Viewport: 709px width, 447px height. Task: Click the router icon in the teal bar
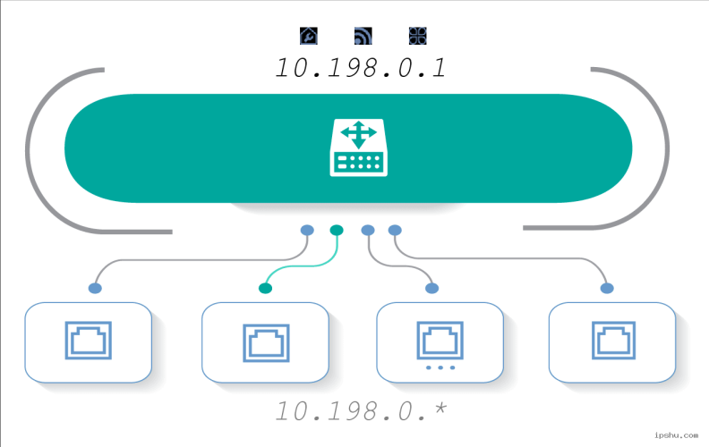tap(359, 148)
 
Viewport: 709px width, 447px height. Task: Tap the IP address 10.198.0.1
tap(361, 68)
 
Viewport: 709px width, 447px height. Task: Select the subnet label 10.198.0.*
tap(361, 411)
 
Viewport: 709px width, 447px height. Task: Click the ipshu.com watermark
tap(676, 435)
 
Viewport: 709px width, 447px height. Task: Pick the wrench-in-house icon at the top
tap(309, 36)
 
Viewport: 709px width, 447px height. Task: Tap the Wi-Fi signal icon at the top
tap(363, 36)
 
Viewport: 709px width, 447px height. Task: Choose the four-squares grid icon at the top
tap(418, 36)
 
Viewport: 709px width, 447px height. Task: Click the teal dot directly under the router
tap(337, 231)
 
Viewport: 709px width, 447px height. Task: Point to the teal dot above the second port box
tap(265, 288)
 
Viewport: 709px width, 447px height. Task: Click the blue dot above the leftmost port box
tap(95, 288)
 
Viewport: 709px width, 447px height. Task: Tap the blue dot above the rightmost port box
tap(607, 288)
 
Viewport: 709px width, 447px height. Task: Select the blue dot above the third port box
tap(431, 288)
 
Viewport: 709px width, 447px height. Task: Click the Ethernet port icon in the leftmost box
tap(88, 341)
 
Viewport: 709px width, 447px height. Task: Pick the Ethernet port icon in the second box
tap(266, 342)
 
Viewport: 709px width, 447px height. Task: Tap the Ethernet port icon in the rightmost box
tap(613, 341)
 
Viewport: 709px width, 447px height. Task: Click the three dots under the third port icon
tap(440, 367)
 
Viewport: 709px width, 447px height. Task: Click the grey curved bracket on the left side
tap(28, 149)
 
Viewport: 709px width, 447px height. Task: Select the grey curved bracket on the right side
tap(667, 149)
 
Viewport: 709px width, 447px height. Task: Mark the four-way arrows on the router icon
tap(359, 134)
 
